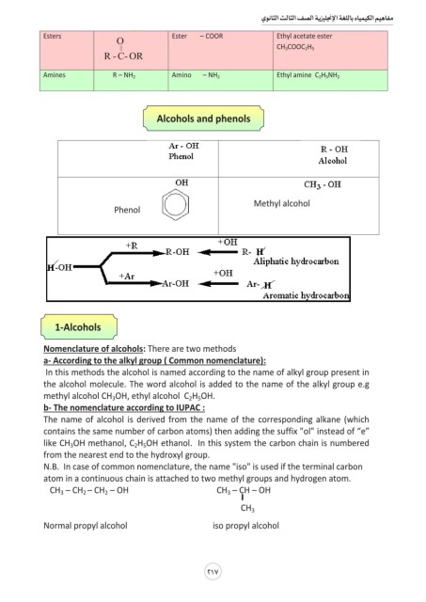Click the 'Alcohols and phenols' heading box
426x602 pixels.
(x=203, y=119)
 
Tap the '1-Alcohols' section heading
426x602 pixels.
(x=78, y=327)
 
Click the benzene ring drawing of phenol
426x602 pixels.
(x=176, y=205)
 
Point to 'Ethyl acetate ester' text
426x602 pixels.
(x=305, y=36)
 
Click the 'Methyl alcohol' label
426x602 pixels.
(x=282, y=203)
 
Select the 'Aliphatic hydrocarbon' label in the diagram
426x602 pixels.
(x=296, y=261)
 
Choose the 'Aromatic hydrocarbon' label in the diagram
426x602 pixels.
(x=306, y=295)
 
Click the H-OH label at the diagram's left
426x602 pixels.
(x=59, y=267)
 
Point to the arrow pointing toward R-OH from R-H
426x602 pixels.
(x=217, y=252)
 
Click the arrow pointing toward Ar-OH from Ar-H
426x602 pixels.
(x=217, y=284)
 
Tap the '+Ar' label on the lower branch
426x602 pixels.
(x=127, y=276)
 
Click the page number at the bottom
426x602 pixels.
(x=213, y=572)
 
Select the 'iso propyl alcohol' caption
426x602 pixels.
(x=246, y=526)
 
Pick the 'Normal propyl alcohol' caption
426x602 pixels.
(x=86, y=526)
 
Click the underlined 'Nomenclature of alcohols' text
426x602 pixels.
(x=94, y=349)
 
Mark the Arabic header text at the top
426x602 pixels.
(x=327, y=18)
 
